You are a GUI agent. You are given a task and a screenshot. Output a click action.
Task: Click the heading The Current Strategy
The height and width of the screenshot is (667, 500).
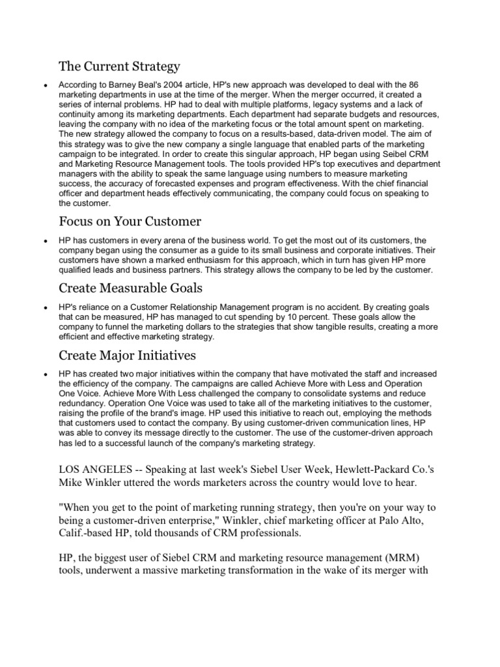pos(119,66)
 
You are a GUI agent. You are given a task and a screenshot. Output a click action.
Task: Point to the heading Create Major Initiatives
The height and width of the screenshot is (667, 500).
pos(128,355)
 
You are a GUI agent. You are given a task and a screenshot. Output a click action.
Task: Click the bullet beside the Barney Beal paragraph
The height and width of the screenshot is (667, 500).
pos(43,85)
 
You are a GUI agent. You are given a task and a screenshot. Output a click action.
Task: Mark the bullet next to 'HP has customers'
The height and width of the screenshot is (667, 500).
pos(43,241)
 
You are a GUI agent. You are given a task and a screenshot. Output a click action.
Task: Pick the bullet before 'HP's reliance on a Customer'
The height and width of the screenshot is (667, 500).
pos(43,308)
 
